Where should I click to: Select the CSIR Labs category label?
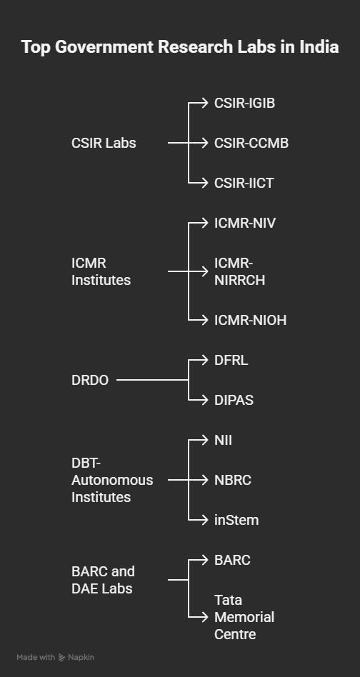[104, 143]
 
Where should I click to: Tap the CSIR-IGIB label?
[245, 103]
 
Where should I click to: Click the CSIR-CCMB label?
[251, 143]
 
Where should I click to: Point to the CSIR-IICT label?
[244, 183]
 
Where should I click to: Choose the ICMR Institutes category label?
[101, 271]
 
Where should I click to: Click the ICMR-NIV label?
[245, 224]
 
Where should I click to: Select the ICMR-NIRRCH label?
[239, 271]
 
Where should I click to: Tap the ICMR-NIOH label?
[251, 321]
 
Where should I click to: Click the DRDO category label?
[90, 381]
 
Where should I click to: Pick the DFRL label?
[231, 360]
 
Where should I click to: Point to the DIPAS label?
[234, 400]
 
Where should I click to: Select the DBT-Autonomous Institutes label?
[112, 480]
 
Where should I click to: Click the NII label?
[223, 441]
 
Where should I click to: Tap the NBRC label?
[233, 480]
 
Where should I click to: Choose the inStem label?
[236, 521]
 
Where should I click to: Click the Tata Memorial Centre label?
[244, 618]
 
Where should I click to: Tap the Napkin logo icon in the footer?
[61, 658]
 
